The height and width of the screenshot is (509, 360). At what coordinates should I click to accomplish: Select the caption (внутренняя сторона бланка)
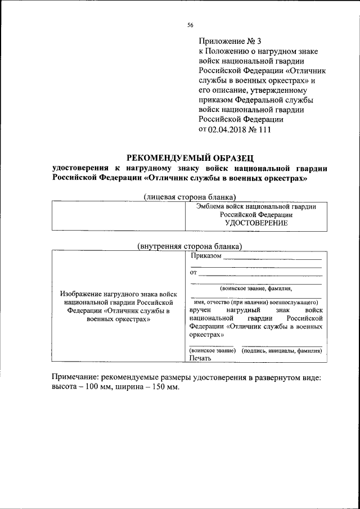(190, 246)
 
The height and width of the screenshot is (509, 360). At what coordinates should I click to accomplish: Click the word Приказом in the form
(205, 256)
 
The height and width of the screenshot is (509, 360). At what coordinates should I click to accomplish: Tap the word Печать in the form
(200, 358)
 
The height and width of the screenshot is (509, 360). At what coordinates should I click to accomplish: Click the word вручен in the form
(201, 310)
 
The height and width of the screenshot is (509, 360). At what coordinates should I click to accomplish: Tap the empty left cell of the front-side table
(118, 215)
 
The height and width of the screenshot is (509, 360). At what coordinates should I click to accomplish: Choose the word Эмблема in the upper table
(209, 206)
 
